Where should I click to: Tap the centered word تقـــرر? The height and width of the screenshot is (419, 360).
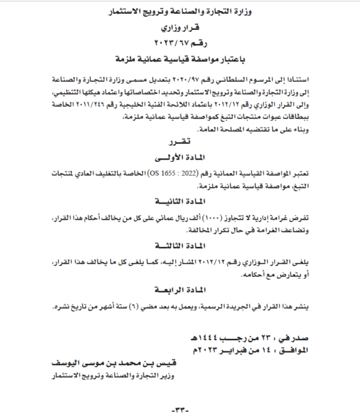[180, 142]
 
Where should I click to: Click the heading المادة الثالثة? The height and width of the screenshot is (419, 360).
[180, 245]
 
